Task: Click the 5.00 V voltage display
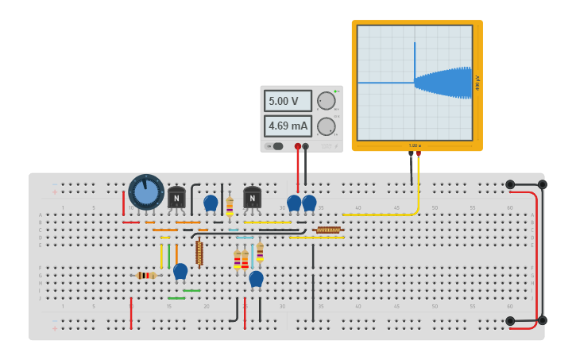tap(287, 101)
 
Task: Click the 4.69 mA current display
tap(287, 126)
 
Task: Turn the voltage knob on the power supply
tap(326, 101)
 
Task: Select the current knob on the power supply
tap(326, 126)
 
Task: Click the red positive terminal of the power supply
tap(298, 146)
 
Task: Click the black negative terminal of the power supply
tap(306, 146)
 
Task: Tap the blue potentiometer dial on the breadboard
tap(146, 192)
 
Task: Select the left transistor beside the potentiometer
tap(176, 197)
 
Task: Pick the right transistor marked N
tap(252, 196)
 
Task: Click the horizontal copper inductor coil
tap(328, 230)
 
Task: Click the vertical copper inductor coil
tap(199, 253)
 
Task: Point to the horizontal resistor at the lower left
tap(145, 275)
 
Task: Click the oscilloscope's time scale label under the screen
tap(414, 145)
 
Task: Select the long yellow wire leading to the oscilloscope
tap(381, 214)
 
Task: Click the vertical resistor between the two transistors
tap(230, 206)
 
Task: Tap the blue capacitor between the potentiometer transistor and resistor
tap(211, 203)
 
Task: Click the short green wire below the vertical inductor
tap(191, 290)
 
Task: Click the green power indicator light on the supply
tap(336, 92)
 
